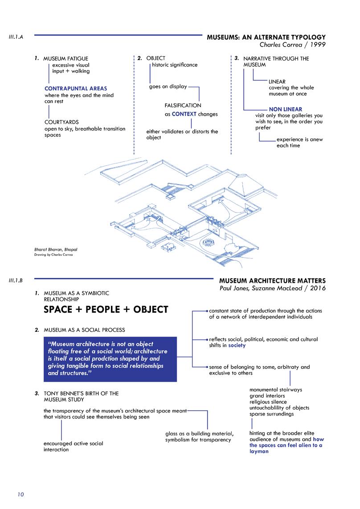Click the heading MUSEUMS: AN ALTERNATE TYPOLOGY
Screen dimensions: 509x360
point(266,38)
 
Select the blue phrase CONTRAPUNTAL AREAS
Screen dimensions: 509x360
point(76,88)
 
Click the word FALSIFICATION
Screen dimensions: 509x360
point(183,106)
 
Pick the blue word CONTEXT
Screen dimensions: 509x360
point(184,114)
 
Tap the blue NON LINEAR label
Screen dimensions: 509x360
point(285,109)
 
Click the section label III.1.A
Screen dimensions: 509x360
point(16,37)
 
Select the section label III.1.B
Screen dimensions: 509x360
point(16,281)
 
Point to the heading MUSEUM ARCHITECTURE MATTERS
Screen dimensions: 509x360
point(272,281)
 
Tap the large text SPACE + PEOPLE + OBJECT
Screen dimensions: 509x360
point(106,309)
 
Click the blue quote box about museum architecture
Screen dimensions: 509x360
point(110,358)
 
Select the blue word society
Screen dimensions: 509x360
point(237,345)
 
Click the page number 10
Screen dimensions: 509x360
point(20,494)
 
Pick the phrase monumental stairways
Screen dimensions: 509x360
point(275,390)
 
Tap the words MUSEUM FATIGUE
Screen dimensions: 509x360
point(65,58)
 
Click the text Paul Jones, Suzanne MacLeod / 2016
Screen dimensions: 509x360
point(273,289)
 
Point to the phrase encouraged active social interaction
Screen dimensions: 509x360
point(73,446)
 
